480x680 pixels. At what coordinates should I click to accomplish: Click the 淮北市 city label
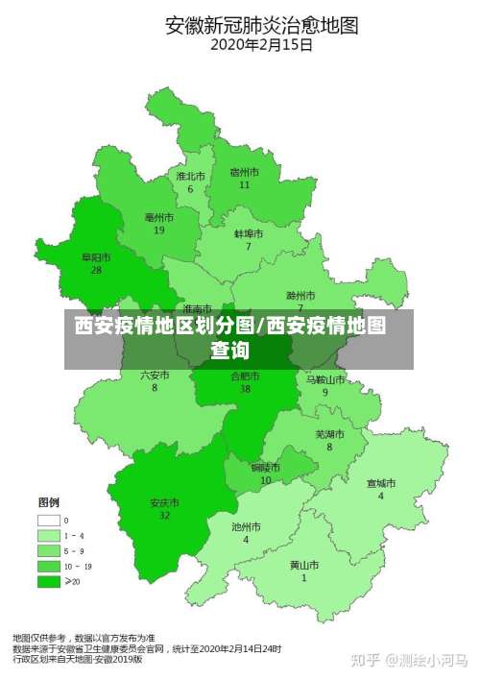190,177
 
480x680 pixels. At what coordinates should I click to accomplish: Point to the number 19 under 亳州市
158,231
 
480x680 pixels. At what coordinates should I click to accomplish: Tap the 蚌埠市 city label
249,233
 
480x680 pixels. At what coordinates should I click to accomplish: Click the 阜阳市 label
96,257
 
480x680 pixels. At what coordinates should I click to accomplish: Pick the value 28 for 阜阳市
96,271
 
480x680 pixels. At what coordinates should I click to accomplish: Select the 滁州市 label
300,295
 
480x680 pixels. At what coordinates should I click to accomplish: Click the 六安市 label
155,375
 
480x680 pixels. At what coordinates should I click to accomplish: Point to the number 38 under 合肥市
246,389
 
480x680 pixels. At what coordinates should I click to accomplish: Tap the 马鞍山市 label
324,379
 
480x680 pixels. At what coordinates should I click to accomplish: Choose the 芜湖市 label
329,433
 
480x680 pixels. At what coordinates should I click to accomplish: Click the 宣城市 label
381,483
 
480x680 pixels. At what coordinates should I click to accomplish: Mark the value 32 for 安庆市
164,516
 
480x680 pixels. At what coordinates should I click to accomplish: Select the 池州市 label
246,526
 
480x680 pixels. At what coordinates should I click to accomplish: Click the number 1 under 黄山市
304,578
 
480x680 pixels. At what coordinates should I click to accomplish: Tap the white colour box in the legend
48,520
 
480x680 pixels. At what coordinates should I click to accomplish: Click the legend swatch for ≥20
48,581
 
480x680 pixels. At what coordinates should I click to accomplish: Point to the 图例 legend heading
49,502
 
